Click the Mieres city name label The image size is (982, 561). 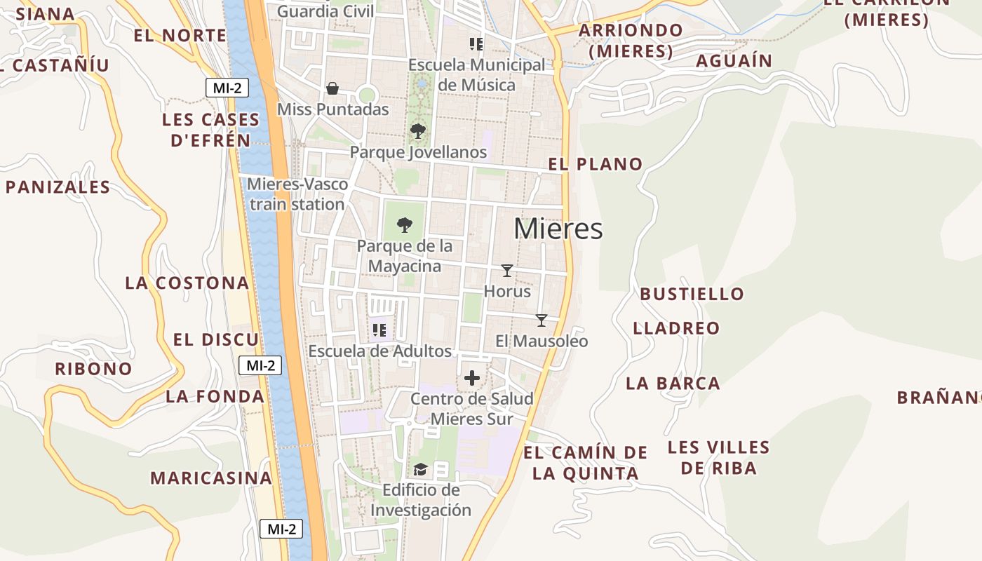[x=558, y=229]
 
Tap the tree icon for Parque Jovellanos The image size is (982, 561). [x=417, y=130]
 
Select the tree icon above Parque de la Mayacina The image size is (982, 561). [x=404, y=224]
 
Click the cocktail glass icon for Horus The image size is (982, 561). [x=507, y=270]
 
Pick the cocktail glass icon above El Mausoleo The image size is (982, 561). [x=541, y=320]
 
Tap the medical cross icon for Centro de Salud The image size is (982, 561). [x=472, y=378]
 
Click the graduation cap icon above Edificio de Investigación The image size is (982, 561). [x=420, y=469]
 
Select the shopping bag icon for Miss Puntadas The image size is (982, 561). [x=332, y=88]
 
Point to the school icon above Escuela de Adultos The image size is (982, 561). [x=379, y=330]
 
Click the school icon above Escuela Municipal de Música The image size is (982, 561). [x=477, y=44]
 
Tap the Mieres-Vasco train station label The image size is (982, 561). [x=297, y=194]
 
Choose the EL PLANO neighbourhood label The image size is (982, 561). [x=596, y=164]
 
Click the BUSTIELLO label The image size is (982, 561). [x=692, y=294]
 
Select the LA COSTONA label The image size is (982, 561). [x=187, y=283]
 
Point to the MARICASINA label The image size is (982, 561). [x=211, y=478]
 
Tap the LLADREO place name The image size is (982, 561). [x=676, y=328]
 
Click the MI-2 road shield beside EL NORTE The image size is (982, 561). [x=227, y=88]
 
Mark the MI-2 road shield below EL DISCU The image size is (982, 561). [x=260, y=365]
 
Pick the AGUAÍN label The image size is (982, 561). [x=734, y=61]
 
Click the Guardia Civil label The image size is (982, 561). [x=325, y=11]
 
